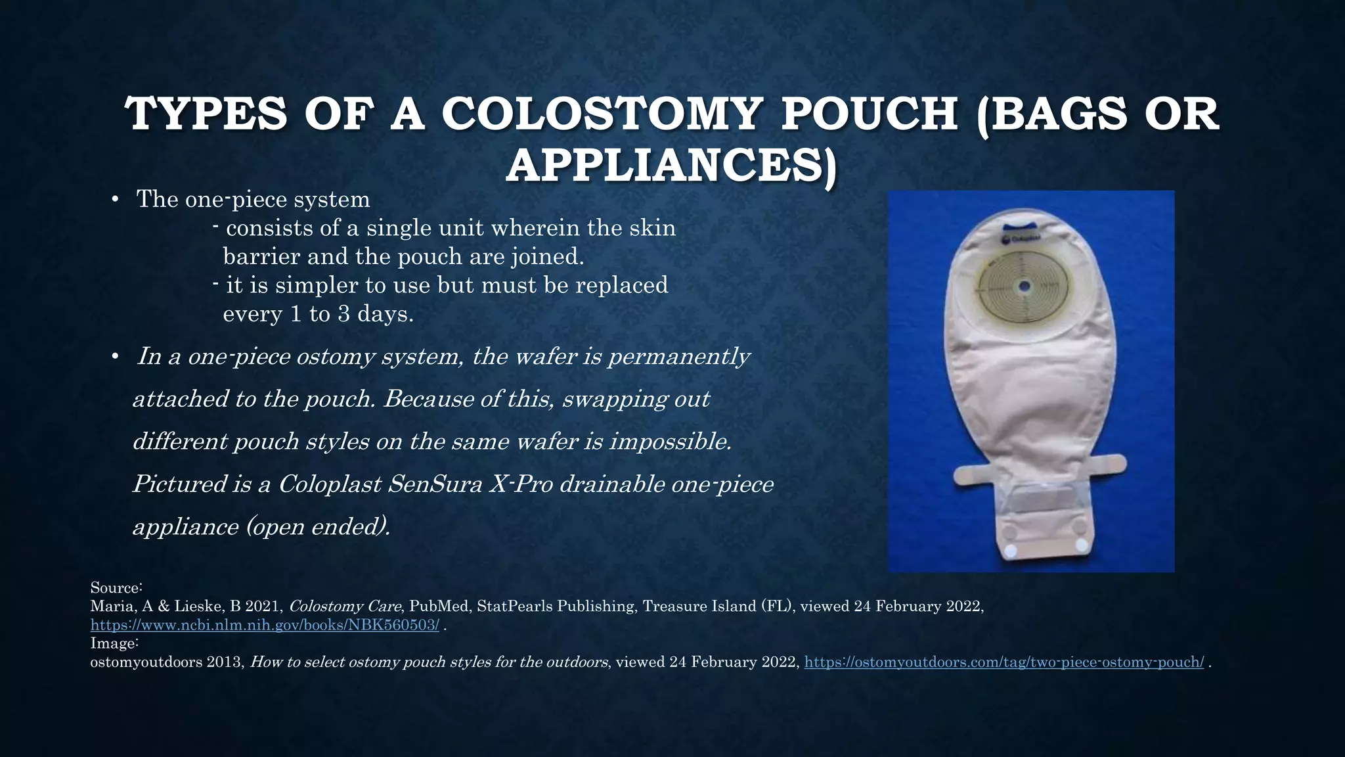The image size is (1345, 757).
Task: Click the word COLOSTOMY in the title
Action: pyautogui.click(x=600, y=114)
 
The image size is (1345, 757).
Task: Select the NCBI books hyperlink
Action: pyautogui.click(x=265, y=625)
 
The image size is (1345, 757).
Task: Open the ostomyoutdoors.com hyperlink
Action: pyautogui.click(x=1004, y=662)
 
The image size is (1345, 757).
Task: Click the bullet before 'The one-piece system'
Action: pyautogui.click(x=114, y=200)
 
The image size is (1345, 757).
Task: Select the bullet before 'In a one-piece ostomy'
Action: pyautogui.click(x=114, y=357)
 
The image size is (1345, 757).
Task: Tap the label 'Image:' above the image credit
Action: pyautogui.click(x=114, y=643)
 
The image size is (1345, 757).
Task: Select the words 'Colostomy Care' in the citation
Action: pyautogui.click(x=345, y=607)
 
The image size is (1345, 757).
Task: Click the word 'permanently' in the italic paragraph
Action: pyautogui.click(x=678, y=357)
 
